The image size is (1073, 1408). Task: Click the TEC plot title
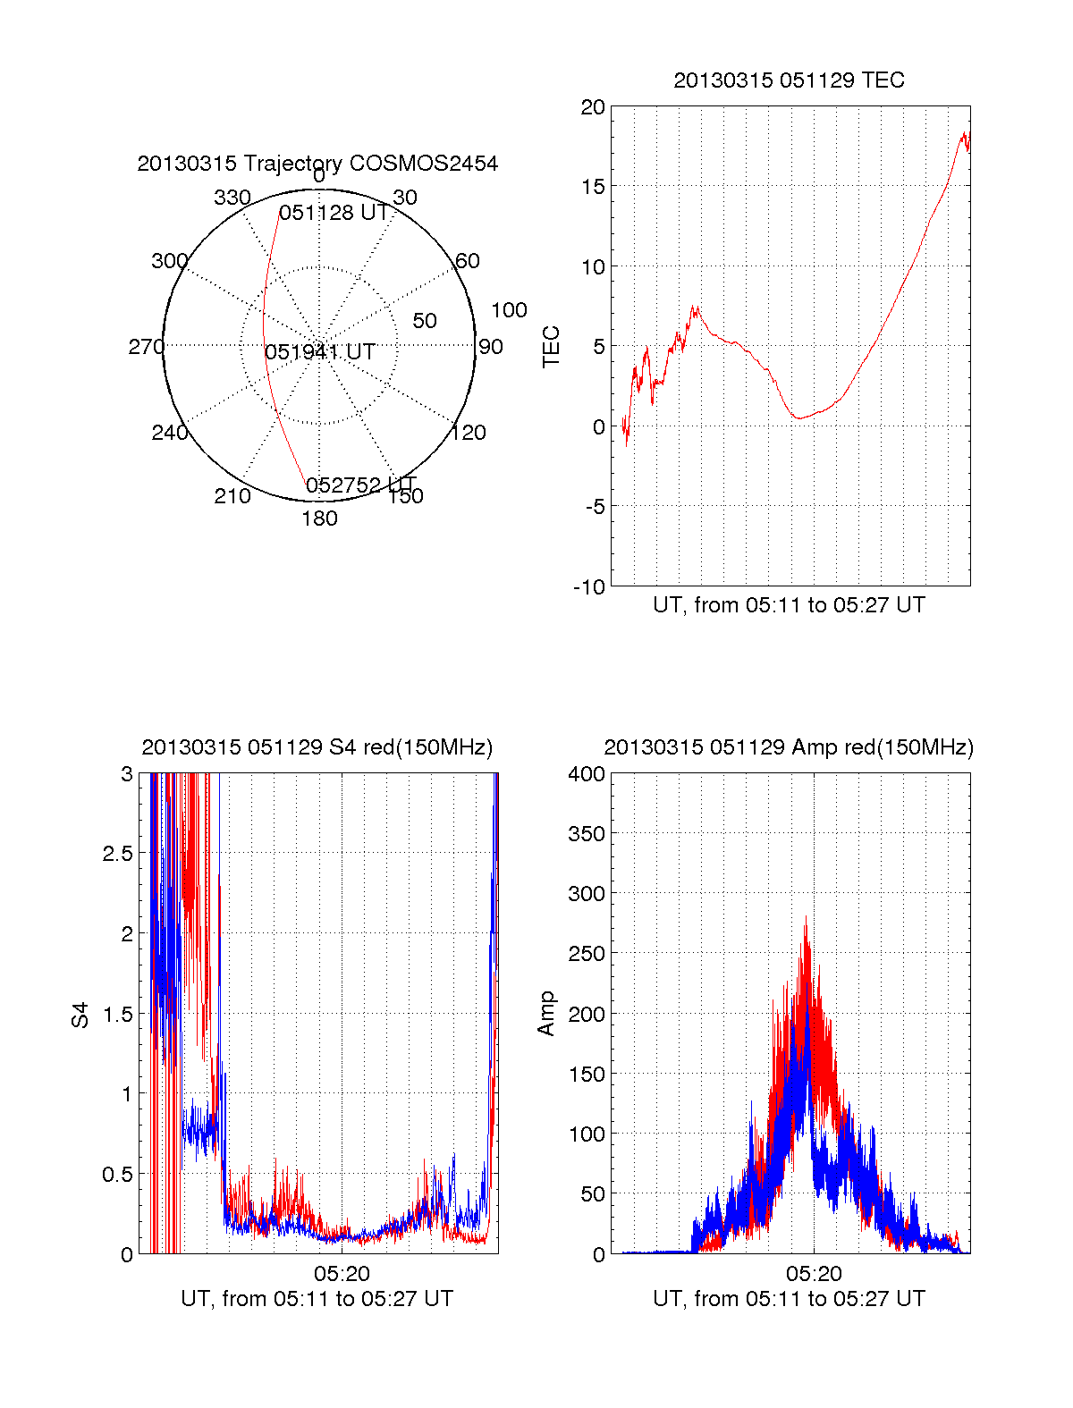[x=789, y=80]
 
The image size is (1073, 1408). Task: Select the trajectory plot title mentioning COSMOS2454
[x=317, y=164]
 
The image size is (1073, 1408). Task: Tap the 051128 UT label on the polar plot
[x=334, y=213]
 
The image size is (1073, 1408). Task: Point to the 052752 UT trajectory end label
[x=361, y=485]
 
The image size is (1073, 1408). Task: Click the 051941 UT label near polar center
[x=319, y=352]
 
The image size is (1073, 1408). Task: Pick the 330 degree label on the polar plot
[x=232, y=198]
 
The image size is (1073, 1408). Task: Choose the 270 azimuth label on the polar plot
[x=147, y=347]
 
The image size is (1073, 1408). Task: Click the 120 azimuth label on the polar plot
[x=469, y=433]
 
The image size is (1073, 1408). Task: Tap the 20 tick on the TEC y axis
[x=593, y=107]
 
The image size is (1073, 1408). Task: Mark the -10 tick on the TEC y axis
[x=589, y=586]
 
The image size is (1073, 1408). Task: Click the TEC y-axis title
[x=552, y=347]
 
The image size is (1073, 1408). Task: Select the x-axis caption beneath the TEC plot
[x=789, y=605]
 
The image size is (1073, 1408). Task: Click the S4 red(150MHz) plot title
[x=317, y=747]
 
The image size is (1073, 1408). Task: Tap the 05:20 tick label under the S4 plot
[x=342, y=1273]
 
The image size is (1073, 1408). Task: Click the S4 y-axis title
[x=80, y=1015]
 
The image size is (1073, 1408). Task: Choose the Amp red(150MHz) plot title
[x=789, y=747]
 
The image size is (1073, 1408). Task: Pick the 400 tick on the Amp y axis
[x=587, y=774]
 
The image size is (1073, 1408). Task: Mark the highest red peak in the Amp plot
[x=806, y=917]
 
